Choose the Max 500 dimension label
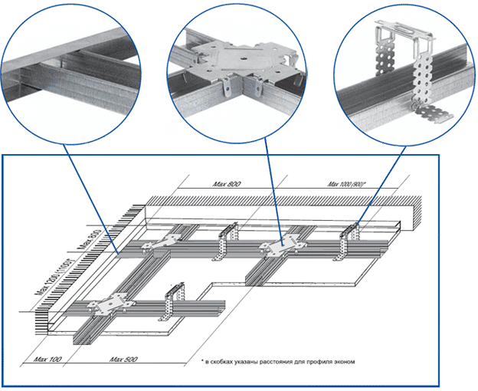(x=123, y=358)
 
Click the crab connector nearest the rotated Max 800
(x=165, y=244)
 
